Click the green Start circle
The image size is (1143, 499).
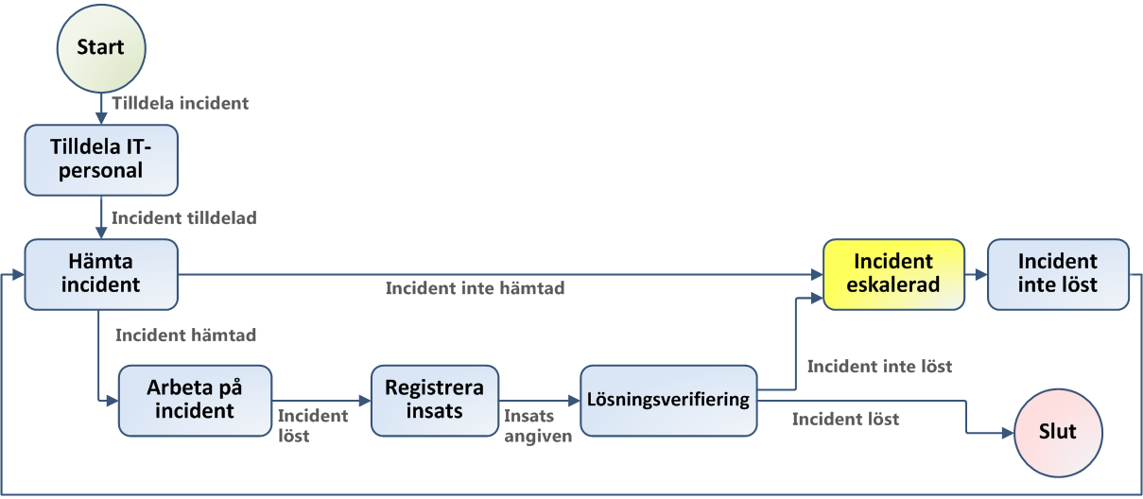[x=100, y=48]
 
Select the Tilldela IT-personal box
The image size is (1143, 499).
[x=100, y=159]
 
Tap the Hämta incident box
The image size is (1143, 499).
[x=100, y=274]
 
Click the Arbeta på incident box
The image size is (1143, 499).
[x=195, y=401]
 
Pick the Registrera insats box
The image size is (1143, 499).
[x=435, y=401]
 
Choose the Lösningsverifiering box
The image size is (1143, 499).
[x=668, y=401]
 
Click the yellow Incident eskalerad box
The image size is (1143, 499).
[x=893, y=274]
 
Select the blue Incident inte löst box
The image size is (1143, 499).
[x=1058, y=274]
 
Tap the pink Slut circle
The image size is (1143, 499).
[x=1058, y=432]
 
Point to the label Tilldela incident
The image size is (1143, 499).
[x=180, y=103]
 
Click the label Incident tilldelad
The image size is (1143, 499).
[x=184, y=217]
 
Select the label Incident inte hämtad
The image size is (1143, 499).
[x=475, y=288]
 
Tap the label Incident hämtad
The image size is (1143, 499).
[x=185, y=335]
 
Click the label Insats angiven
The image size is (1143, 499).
[x=538, y=426]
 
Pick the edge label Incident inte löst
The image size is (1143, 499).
[x=879, y=366]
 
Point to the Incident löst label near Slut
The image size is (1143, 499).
[x=845, y=419]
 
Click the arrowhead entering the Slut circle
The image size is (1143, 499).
[x=1006, y=433]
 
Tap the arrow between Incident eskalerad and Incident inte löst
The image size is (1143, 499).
[x=976, y=274]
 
